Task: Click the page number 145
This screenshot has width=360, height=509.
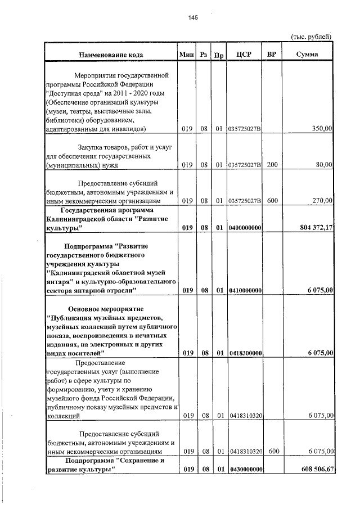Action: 193,18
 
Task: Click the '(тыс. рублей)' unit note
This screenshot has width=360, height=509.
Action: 311,37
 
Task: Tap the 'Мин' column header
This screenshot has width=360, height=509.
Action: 186,55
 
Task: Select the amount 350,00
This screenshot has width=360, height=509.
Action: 322,129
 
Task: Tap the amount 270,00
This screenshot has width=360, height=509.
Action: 322,200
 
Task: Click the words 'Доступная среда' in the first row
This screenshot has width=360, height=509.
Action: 73,93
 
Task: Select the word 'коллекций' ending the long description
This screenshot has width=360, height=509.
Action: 61,416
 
